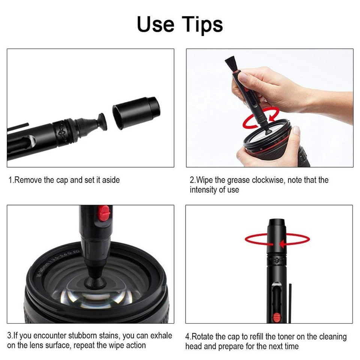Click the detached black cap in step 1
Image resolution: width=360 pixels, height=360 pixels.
point(136,112)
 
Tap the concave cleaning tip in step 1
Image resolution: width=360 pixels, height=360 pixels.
point(100,122)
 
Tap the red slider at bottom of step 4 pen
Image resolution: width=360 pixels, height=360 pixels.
point(277,317)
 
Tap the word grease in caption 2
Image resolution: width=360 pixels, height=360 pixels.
point(239,180)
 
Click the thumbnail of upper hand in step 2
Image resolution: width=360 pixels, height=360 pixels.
point(243,77)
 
